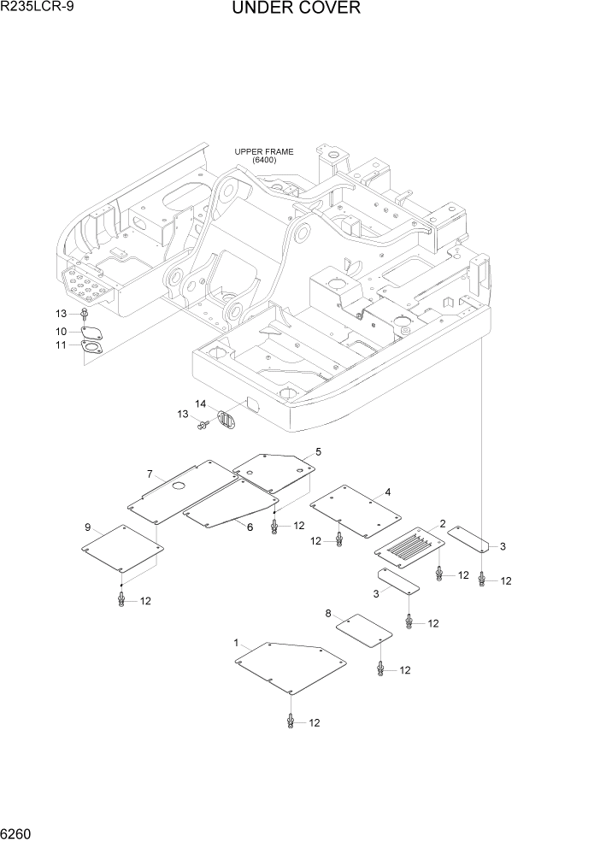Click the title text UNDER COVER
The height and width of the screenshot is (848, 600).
tap(295, 9)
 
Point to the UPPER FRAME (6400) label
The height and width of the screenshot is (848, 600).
tap(264, 156)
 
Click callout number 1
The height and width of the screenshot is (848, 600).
tap(236, 641)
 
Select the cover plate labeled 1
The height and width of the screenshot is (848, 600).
tap(291, 668)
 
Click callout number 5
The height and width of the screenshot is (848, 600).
tap(318, 450)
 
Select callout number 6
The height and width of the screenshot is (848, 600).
tap(250, 527)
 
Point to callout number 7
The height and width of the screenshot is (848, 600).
tap(150, 474)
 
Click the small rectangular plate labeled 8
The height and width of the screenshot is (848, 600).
tap(363, 632)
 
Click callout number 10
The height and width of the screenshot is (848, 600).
tap(62, 331)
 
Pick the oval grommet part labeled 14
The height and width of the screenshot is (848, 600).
tap(226, 421)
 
